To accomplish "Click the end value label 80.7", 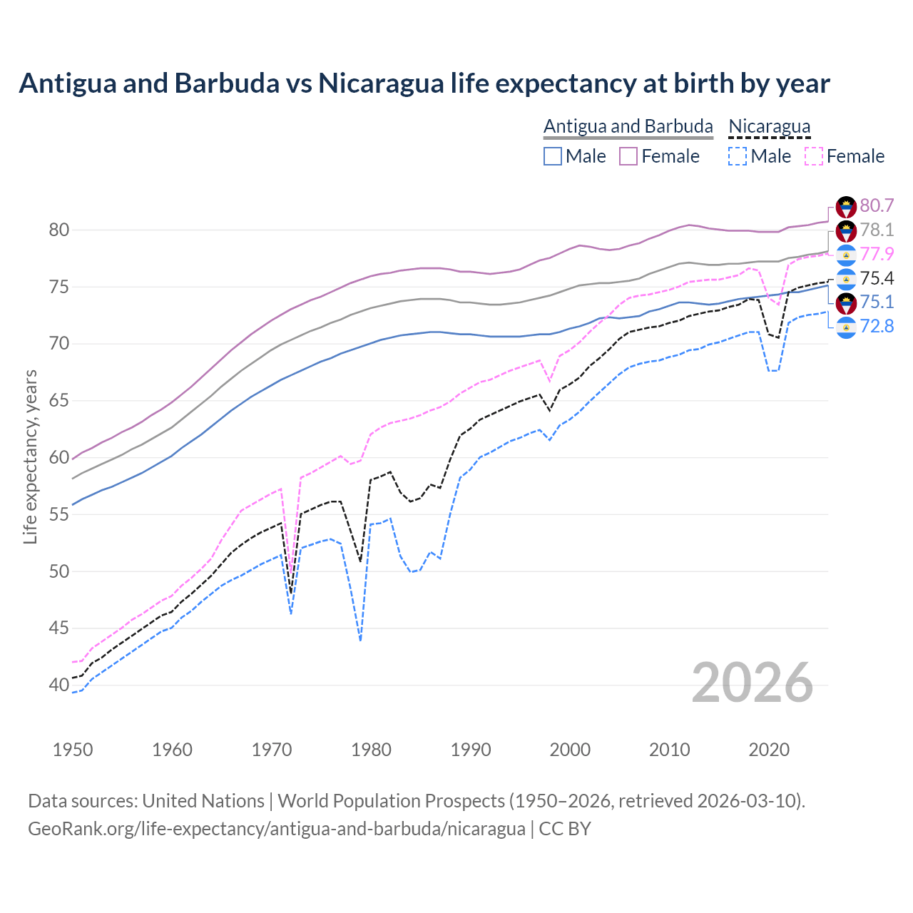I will tap(877, 206).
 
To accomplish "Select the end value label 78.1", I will tap(877, 230).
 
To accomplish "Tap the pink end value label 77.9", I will tap(877, 255).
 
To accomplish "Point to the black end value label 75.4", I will tap(877, 279).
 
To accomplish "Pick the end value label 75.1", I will tap(877, 302).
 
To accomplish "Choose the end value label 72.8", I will tap(877, 327).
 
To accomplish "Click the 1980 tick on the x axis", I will tap(371, 750).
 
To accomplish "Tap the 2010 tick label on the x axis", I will tap(669, 750).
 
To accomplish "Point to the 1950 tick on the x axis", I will tap(73, 750).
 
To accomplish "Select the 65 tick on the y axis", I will tap(59, 401).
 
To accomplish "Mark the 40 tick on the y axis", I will tap(59, 685).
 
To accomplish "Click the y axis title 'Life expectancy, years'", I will tap(31, 456).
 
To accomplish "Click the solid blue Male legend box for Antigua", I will tap(553, 156).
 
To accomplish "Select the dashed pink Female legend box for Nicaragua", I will tap(814, 156).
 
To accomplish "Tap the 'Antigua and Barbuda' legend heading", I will tap(628, 126).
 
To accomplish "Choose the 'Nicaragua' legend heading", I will tap(769, 126).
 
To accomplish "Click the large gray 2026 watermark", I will tap(753, 683).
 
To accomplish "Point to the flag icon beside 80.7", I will tap(846, 207).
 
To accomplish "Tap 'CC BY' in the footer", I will tap(565, 829).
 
